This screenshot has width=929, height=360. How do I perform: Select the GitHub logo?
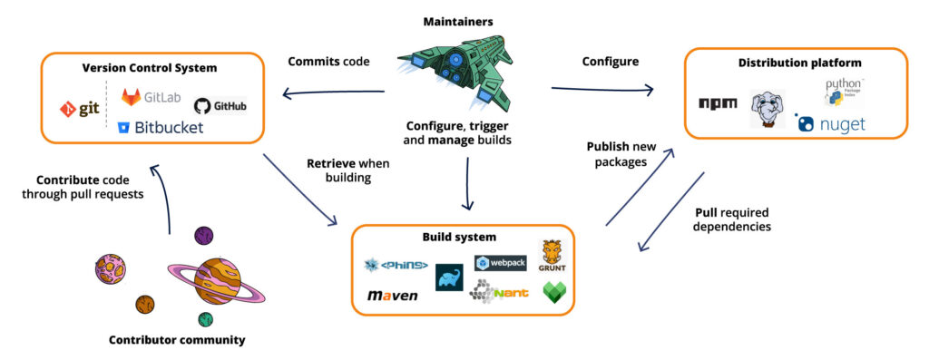click(x=220, y=106)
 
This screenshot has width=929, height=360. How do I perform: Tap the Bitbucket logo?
click(x=161, y=128)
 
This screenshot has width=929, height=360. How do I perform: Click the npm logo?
click(x=717, y=103)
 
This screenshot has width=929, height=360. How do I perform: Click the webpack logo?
click(x=500, y=263)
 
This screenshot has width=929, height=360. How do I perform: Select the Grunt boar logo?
click(x=553, y=257)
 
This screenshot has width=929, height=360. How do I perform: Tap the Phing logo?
click(x=396, y=265)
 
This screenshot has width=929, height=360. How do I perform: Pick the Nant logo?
click(x=498, y=292)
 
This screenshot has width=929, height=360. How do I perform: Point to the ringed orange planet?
click(x=216, y=281)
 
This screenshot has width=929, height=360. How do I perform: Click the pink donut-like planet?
click(x=111, y=268)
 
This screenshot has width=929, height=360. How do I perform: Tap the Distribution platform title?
click(x=795, y=63)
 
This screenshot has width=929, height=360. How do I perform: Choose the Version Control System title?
click(x=152, y=67)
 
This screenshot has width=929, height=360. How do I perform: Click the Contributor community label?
click(x=177, y=340)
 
